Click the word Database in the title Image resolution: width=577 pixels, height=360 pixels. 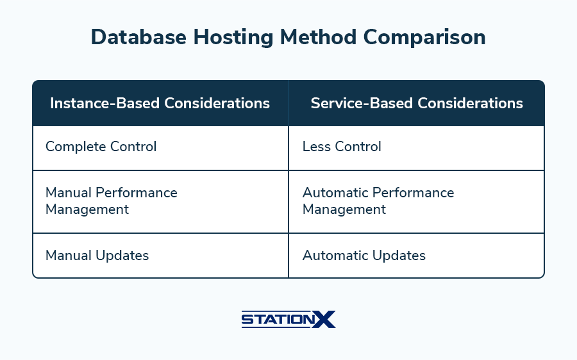tap(138, 37)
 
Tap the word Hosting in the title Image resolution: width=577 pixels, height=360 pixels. tap(233, 38)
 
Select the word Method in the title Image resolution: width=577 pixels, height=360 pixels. tap(318, 37)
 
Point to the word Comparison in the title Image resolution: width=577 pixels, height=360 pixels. tap(424, 38)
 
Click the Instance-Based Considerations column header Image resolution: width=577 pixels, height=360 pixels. tap(160, 103)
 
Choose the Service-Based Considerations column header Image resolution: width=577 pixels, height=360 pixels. tap(417, 103)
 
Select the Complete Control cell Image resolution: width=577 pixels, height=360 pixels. tap(160, 148)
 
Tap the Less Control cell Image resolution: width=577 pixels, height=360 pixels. tap(417, 148)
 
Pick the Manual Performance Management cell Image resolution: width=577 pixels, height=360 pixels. tap(160, 202)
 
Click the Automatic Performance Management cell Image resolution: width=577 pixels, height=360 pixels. tap(417, 202)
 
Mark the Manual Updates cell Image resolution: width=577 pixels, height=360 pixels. tap(160, 256)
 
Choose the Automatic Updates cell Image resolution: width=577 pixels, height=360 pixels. tap(417, 256)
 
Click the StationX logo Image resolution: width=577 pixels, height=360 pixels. tap(288, 319)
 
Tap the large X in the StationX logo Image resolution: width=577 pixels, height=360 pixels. tap(324, 319)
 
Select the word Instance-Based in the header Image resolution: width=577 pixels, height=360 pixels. tap(105, 103)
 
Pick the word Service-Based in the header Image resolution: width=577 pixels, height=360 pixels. tap(362, 103)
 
